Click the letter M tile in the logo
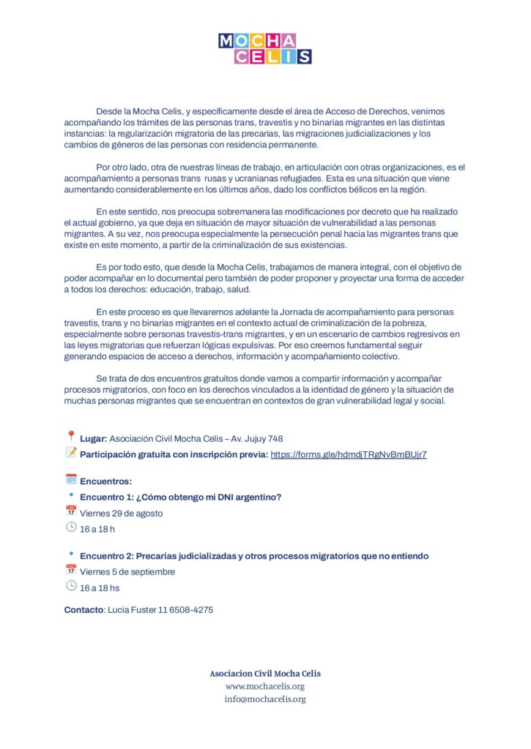226,40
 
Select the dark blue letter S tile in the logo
304,56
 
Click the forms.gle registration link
349,454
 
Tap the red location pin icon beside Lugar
71,437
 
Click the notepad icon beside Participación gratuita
71,453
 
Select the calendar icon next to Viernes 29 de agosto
71,512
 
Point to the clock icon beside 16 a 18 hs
71,587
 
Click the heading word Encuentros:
105,481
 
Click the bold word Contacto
84,609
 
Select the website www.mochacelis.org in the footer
265,686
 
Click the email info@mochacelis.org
265,699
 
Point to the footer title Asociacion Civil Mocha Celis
265,673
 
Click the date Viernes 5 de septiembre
127,572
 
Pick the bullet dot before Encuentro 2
71,554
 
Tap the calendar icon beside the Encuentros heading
71,480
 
